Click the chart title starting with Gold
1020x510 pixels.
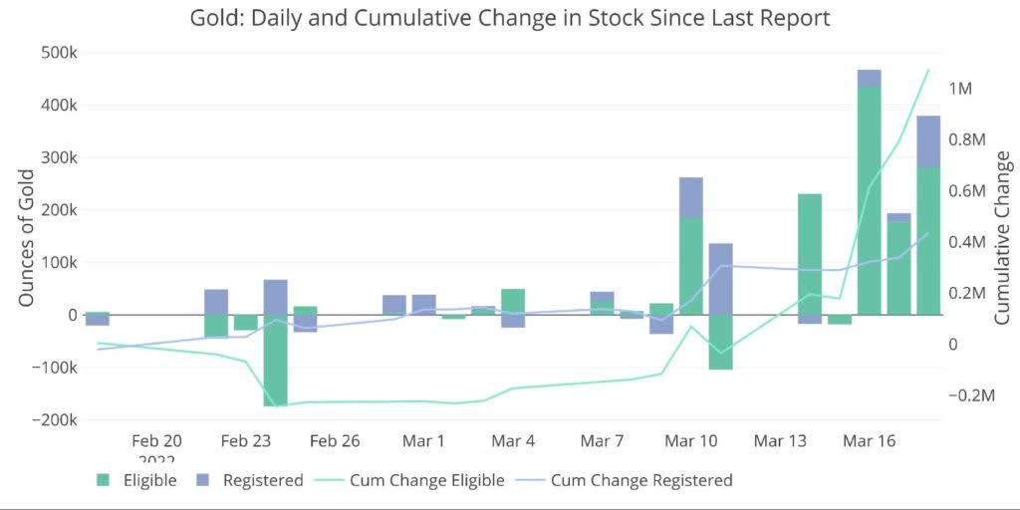pos(510,18)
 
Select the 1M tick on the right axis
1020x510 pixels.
pos(960,89)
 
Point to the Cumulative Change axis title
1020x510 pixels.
pos(1002,237)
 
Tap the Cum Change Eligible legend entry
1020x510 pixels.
pos(426,480)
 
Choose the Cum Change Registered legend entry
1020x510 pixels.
pos(641,480)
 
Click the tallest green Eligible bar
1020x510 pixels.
pos(869,199)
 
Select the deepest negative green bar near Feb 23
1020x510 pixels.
pos(276,360)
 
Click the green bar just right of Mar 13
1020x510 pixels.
pos(810,254)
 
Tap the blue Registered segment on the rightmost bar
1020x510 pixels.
pos(928,141)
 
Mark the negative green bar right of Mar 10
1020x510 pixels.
pos(720,342)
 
